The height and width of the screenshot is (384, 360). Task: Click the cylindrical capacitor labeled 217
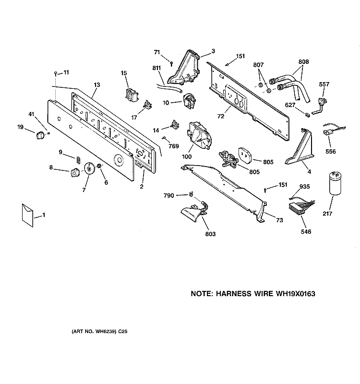(335, 183)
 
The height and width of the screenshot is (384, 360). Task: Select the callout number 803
(210, 234)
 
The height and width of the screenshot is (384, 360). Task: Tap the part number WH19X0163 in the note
(296, 294)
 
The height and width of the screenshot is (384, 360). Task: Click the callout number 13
(97, 85)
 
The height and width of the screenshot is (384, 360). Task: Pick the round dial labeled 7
(89, 168)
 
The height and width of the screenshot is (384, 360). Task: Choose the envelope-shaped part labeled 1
(27, 215)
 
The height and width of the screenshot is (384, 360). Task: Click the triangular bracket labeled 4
(299, 146)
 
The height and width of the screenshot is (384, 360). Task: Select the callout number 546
(306, 231)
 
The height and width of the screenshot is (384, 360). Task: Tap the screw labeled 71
(172, 64)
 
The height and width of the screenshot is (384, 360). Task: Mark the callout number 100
(187, 156)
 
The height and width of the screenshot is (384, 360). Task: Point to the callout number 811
(157, 68)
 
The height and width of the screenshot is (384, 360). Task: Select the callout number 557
(324, 84)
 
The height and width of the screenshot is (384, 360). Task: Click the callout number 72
(221, 116)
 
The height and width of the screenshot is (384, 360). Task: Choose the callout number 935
(304, 187)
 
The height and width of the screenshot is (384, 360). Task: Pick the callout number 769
(174, 146)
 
